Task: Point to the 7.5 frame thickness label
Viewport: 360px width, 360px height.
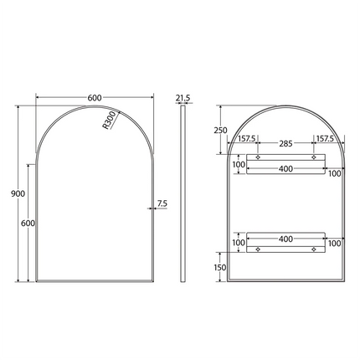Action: tap(161, 203)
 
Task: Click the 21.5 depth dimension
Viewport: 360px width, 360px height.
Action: tap(183, 98)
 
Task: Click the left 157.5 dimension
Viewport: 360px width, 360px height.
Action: tap(246, 139)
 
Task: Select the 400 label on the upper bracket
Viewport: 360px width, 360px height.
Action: tap(285, 170)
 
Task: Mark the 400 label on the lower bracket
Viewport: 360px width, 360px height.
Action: tap(285, 239)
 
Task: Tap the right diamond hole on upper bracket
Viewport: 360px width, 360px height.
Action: tap(314, 157)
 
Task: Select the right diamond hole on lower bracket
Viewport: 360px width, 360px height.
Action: tap(314, 249)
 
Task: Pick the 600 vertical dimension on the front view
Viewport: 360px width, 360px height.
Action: tap(28, 223)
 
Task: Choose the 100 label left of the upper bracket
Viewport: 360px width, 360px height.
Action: tap(239, 165)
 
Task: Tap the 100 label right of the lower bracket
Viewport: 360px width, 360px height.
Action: tap(335, 243)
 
